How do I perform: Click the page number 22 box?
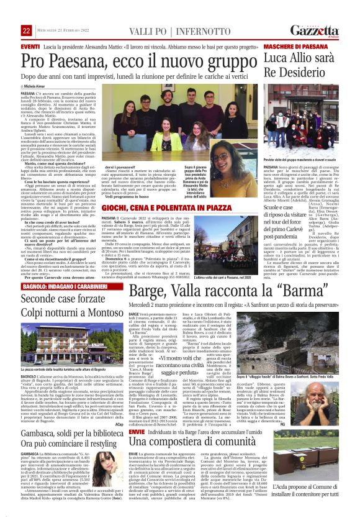coord(27,31)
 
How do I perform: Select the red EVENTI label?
coord(30,47)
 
